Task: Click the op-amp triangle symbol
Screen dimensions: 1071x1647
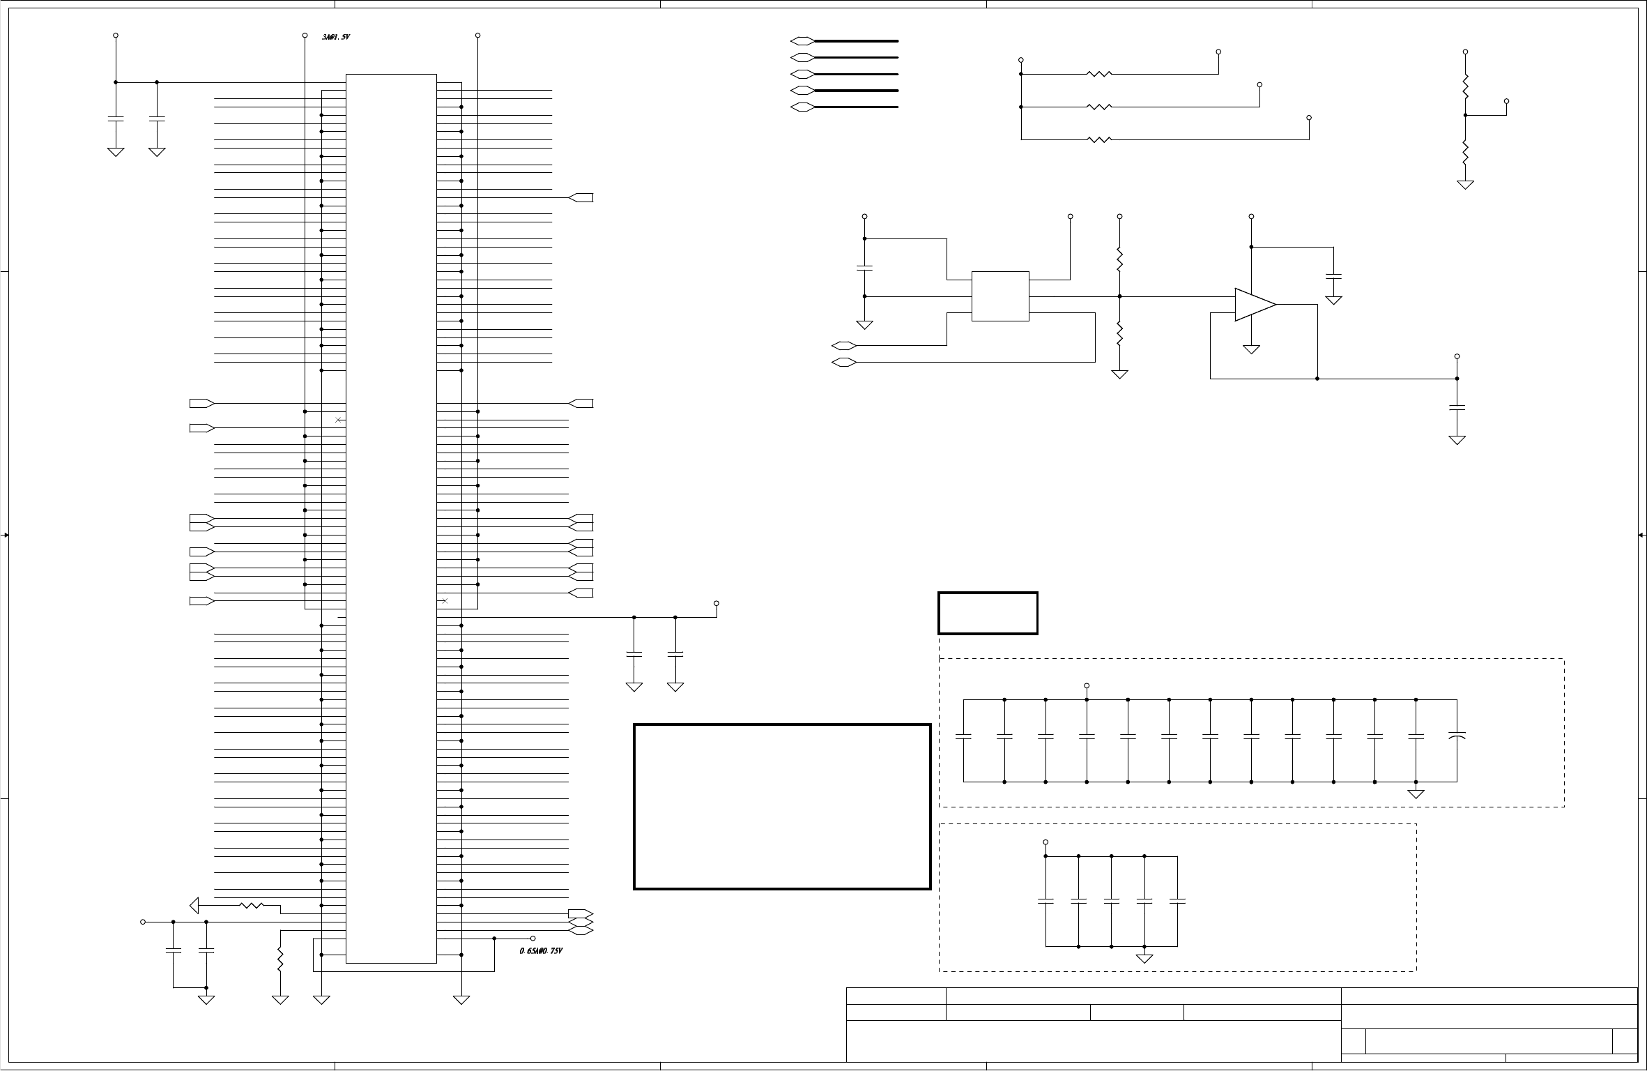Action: click(1254, 305)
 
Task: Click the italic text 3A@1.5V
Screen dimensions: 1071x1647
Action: click(335, 37)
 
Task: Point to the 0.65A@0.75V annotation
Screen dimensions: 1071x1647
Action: click(541, 951)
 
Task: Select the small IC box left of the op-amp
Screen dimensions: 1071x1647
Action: click(1000, 296)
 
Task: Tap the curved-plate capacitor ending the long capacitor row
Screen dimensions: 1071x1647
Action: click(1457, 736)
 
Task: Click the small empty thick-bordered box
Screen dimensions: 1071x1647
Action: click(988, 613)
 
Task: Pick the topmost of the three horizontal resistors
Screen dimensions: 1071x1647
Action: click(1098, 73)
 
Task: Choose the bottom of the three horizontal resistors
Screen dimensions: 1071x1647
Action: click(1098, 139)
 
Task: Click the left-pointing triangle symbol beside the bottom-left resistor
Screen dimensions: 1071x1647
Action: click(194, 905)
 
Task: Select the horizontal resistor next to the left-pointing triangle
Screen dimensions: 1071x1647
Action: click(252, 905)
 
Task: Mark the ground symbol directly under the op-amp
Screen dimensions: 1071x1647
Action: click(1251, 349)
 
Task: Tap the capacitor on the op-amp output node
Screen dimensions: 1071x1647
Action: click(1457, 407)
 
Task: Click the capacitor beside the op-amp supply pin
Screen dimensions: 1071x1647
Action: click(1333, 277)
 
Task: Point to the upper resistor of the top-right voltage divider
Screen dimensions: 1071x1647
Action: click(1465, 86)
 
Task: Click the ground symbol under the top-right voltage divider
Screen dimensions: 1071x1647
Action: click(1465, 184)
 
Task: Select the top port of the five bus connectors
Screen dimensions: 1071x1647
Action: click(802, 41)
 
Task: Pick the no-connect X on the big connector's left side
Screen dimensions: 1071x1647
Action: click(338, 420)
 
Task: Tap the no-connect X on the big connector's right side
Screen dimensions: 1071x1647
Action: click(445, 600)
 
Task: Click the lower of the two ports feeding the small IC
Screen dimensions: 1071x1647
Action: click(844, 362)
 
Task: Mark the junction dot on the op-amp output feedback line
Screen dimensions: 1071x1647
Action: click(1317, 379)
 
